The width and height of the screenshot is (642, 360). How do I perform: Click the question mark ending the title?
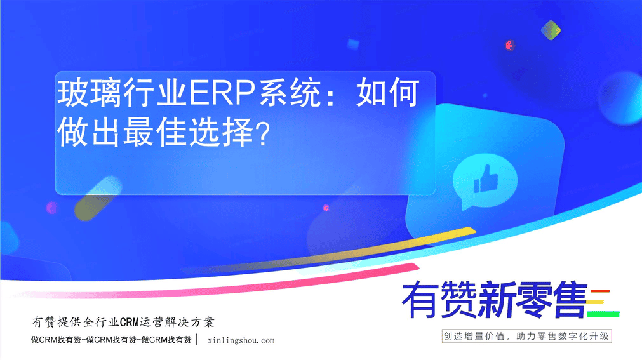coord(262,133)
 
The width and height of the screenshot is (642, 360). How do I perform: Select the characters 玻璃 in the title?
coord(90,93)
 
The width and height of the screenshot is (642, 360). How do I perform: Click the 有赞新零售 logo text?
coord(495,300)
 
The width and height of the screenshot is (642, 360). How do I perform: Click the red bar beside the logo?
coord(600,291)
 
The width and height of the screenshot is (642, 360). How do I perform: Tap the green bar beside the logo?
coord(603,314)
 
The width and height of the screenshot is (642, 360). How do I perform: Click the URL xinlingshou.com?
coord(241,340)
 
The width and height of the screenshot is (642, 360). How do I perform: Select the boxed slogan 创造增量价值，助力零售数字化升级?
coord(526,337)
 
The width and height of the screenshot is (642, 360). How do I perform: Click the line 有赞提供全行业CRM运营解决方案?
coord(123,323)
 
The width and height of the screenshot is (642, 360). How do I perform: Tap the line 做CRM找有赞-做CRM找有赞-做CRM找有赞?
coord(111,340)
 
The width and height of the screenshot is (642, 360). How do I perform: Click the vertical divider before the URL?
coord(197,339)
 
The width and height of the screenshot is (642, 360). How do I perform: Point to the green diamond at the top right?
coord(551,30)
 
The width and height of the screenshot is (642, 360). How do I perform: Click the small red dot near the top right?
coord(509,45)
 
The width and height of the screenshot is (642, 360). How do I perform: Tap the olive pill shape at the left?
coord(98,198)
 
